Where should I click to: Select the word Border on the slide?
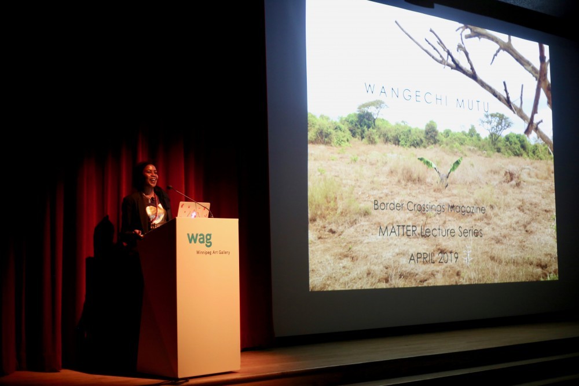click(389, 205)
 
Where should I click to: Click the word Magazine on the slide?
click(467, 209)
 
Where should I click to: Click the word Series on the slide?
click(469, 232)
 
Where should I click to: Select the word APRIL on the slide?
click(421, 258)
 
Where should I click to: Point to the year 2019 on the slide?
click(448, 258)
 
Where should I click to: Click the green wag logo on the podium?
click(199, 239)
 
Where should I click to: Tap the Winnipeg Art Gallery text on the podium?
click(212, 253)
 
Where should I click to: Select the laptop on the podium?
click(193, 210)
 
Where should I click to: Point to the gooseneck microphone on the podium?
click(190, 201)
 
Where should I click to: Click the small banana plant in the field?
click(441, 170)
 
